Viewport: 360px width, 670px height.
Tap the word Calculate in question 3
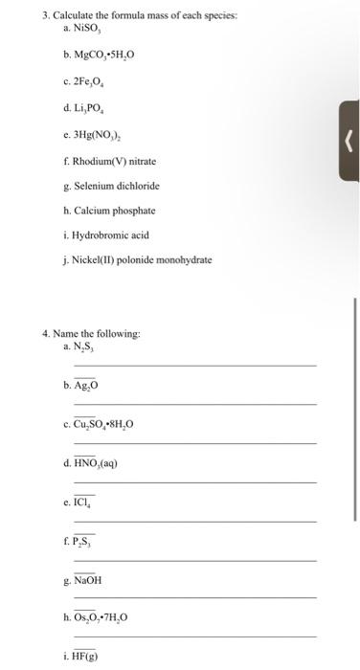(71, 17)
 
